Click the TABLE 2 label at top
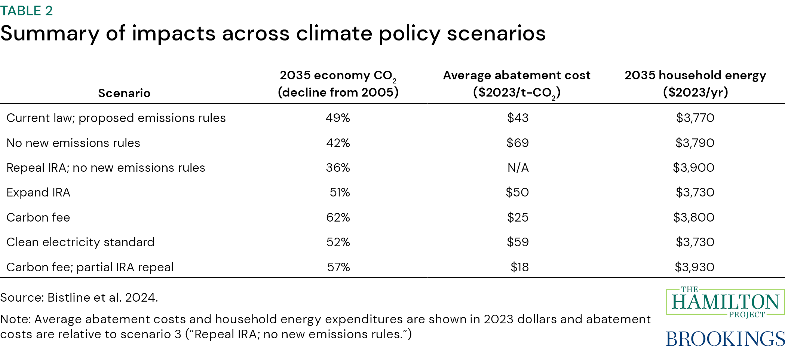(27, 11)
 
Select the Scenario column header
(124, 93)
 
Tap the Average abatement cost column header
(516, 84)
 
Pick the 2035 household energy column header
(695, 84)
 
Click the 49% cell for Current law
(338, 118)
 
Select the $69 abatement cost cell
(518, 143)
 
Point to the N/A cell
(518, 168)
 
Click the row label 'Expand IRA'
(39, 192)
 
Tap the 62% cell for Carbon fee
(338, 217)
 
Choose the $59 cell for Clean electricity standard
(518, 242)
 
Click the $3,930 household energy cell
(694, 267)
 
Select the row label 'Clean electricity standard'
(80, 242)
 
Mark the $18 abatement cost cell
(519, 267)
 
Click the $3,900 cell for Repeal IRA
(693, 168)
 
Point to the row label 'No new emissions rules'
(73, 143)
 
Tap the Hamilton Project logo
(725, 302)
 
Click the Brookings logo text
(725, 339)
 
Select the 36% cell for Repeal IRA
(338, 168)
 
